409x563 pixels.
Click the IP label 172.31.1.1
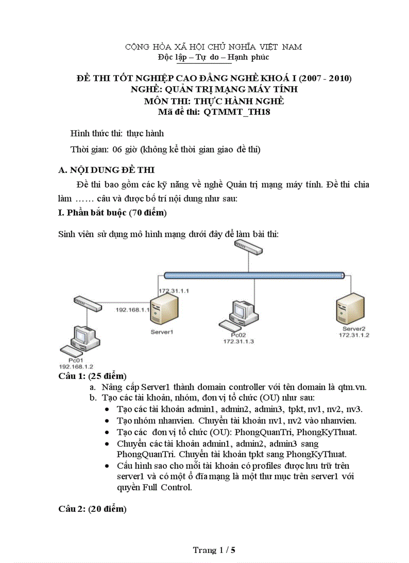(x=173, y=291)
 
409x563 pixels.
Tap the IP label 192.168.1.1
(x=133, y=310)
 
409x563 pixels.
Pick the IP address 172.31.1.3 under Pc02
(x=239, y=341)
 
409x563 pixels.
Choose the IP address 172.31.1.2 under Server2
(x=354, y=334)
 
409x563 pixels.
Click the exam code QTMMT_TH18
(x=237, y=112)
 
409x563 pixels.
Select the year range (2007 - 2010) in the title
(x=325, y=78)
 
